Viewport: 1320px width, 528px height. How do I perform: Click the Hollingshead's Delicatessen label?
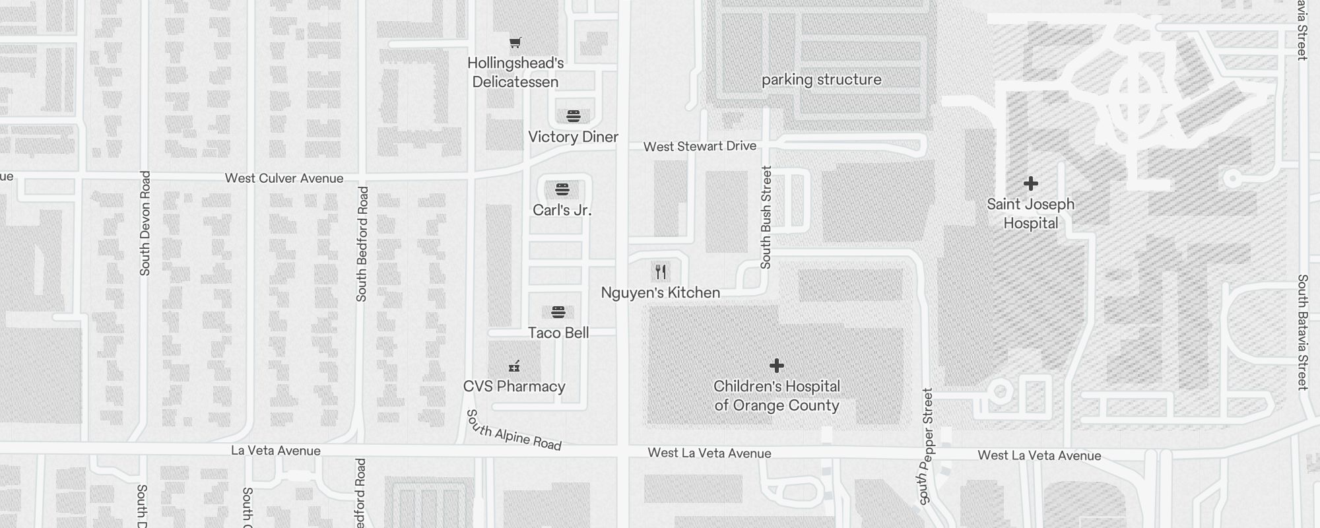point(515,73)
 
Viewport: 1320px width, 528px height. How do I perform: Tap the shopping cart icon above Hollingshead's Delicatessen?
point(515,43)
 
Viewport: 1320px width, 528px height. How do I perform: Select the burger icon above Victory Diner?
point(574,117)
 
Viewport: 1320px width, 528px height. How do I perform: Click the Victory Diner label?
point(573,137)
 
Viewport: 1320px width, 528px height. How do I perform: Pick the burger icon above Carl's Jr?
point(562,190)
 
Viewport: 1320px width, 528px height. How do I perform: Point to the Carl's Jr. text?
point(562,211)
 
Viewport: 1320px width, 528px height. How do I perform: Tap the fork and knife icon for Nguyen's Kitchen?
point(661,272)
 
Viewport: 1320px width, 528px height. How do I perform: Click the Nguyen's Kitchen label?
point(660,293)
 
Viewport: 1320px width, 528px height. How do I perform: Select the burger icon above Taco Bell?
point(558,312)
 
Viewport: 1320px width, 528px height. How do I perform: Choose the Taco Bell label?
point(558,333)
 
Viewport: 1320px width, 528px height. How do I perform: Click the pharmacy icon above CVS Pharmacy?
point(514,366)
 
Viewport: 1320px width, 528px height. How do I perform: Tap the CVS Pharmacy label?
point(514,387)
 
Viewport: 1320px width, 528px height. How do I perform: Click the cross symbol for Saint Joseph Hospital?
point(1030,183)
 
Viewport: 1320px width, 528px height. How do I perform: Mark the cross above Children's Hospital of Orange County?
point(777,366)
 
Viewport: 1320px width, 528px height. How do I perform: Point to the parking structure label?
point(821,80)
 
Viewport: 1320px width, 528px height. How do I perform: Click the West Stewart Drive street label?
point(700,147)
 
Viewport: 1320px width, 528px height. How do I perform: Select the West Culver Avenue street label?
point(284,178)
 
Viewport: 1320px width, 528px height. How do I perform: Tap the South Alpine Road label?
point(513,430)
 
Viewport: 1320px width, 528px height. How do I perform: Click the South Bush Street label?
point(766,217)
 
